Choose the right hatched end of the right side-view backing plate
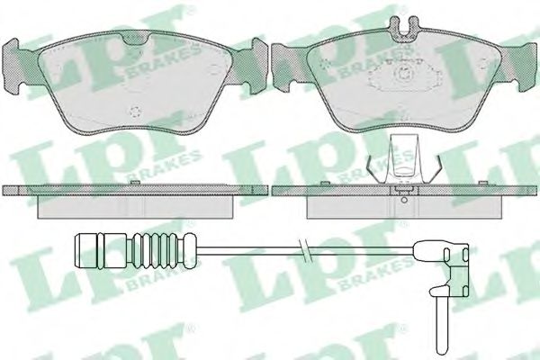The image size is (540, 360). click(x=525, y=191)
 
